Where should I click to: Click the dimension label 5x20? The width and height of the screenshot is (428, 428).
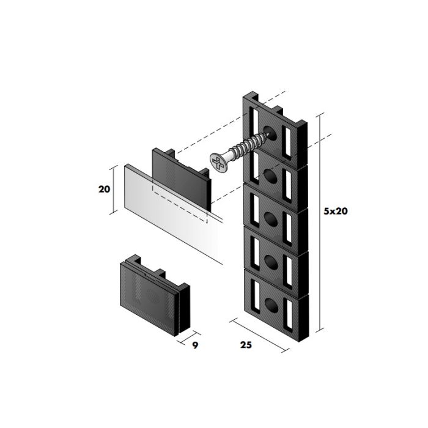[336, 211]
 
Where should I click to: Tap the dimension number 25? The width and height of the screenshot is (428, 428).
[246, 345]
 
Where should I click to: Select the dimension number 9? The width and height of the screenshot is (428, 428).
[195, 345]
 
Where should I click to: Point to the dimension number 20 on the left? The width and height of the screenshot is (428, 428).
[105, 189]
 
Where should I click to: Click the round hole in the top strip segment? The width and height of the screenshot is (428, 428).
[270, 133]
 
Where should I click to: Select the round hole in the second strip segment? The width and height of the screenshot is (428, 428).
[270, 176]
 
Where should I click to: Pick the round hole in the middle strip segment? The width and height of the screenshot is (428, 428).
[271, 219]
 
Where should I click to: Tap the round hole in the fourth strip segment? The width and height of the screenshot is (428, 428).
[271, 262]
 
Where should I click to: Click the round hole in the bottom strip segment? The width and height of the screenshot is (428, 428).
[271, 305]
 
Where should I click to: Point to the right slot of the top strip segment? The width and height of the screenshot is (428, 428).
[288, 142]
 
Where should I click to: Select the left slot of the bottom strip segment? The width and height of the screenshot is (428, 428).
[257, 295]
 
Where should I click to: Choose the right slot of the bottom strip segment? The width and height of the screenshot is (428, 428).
[288, 313]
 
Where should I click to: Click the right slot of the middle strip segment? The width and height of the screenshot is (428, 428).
[288, 227]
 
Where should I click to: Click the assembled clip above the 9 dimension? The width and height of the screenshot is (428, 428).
[155, 295]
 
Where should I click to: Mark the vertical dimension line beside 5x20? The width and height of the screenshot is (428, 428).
[320, 223]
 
